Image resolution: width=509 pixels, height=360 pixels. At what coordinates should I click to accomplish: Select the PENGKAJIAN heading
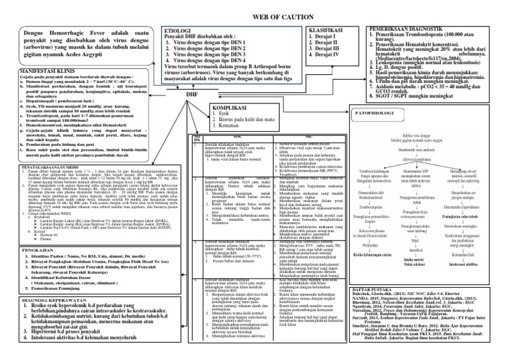pos(25,269)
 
